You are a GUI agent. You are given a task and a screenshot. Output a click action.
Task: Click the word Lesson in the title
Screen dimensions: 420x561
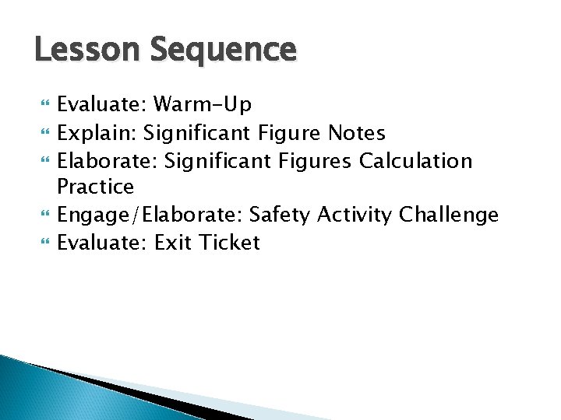pos(82,50)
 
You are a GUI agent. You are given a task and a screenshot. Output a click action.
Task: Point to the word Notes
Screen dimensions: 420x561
pos(356,133)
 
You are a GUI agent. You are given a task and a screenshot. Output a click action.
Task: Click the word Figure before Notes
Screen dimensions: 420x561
pos(289,133)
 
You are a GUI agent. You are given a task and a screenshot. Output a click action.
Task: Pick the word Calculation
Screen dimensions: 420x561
pos(415,161)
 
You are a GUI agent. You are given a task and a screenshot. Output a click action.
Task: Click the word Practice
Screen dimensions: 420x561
pos(95,187)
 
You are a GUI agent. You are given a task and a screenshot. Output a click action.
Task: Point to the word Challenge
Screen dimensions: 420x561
pos(449,215)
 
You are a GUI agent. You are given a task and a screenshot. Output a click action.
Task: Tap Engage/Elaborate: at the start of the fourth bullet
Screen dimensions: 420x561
pos(150,215)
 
